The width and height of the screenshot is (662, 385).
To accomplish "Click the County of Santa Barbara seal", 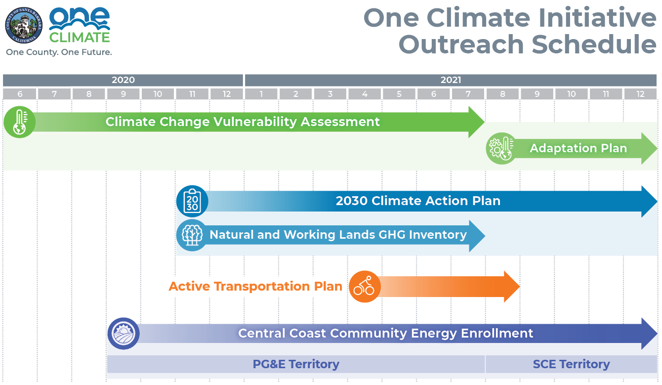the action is [23, 25].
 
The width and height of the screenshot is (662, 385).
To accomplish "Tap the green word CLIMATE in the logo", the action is [80, 38].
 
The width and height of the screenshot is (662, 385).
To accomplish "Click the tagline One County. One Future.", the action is [59, 52].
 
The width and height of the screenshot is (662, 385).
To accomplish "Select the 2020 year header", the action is [123, 80].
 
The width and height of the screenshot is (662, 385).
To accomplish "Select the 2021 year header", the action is [451, 80].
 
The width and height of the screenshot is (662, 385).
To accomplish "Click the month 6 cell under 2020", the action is [20, 94].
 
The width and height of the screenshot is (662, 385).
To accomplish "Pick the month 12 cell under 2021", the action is [640, 94].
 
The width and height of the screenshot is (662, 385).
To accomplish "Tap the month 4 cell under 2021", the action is [365, 94].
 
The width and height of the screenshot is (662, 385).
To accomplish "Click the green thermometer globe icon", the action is [20, 122].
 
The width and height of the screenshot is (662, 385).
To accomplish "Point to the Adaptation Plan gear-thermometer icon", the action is [501, 148].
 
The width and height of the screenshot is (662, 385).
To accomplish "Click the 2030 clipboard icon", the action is [192, 201].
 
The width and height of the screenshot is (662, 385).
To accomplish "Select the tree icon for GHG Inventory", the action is [192, 235].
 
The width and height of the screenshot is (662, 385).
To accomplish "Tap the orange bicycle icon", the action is [365, 287].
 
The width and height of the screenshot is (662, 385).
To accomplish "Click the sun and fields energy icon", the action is [124, 334].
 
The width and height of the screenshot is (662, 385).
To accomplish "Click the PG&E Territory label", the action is [296, 364].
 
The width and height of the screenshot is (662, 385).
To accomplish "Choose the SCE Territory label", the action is [571, 364].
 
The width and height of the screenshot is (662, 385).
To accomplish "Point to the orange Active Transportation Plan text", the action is [255, 286].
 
